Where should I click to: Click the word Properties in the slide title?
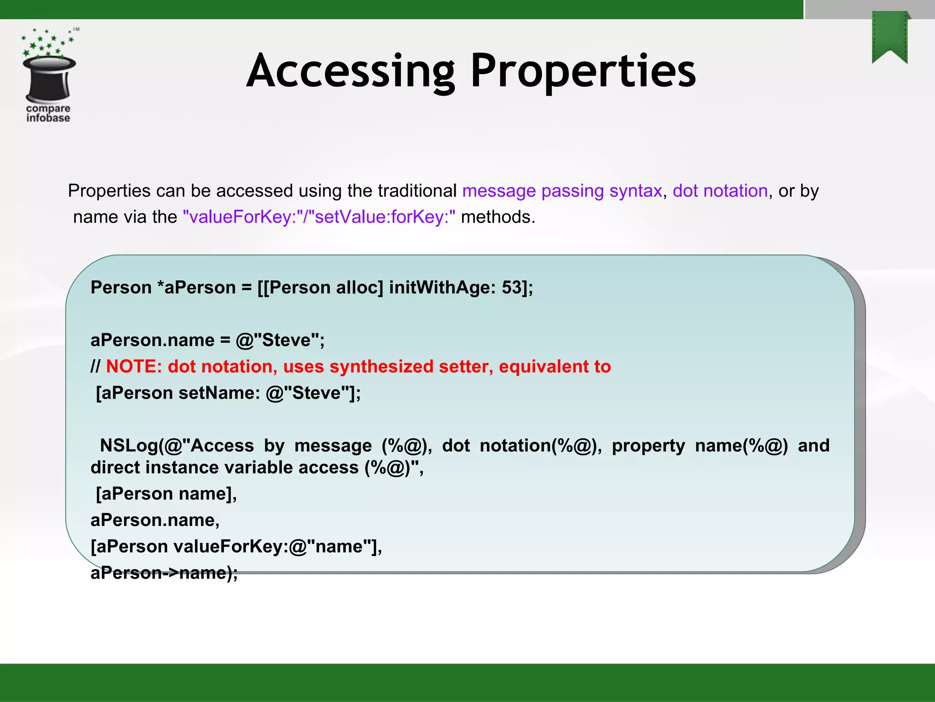(x=583, y=72)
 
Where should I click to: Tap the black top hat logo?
(x=49, y=78)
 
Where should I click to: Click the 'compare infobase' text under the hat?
(x=48, y=113)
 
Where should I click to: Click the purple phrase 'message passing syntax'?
(x=562, y=191)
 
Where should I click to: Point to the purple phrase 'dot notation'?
(x=720, y=191)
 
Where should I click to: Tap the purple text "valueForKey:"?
(x=241, y=217)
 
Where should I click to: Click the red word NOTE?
(x=134, y=367)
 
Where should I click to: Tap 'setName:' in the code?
(x=219, y=393)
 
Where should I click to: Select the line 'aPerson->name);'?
(x=164, y=573)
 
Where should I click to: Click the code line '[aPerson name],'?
(x=166, y=494)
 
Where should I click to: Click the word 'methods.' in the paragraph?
(x=498, y=217)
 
